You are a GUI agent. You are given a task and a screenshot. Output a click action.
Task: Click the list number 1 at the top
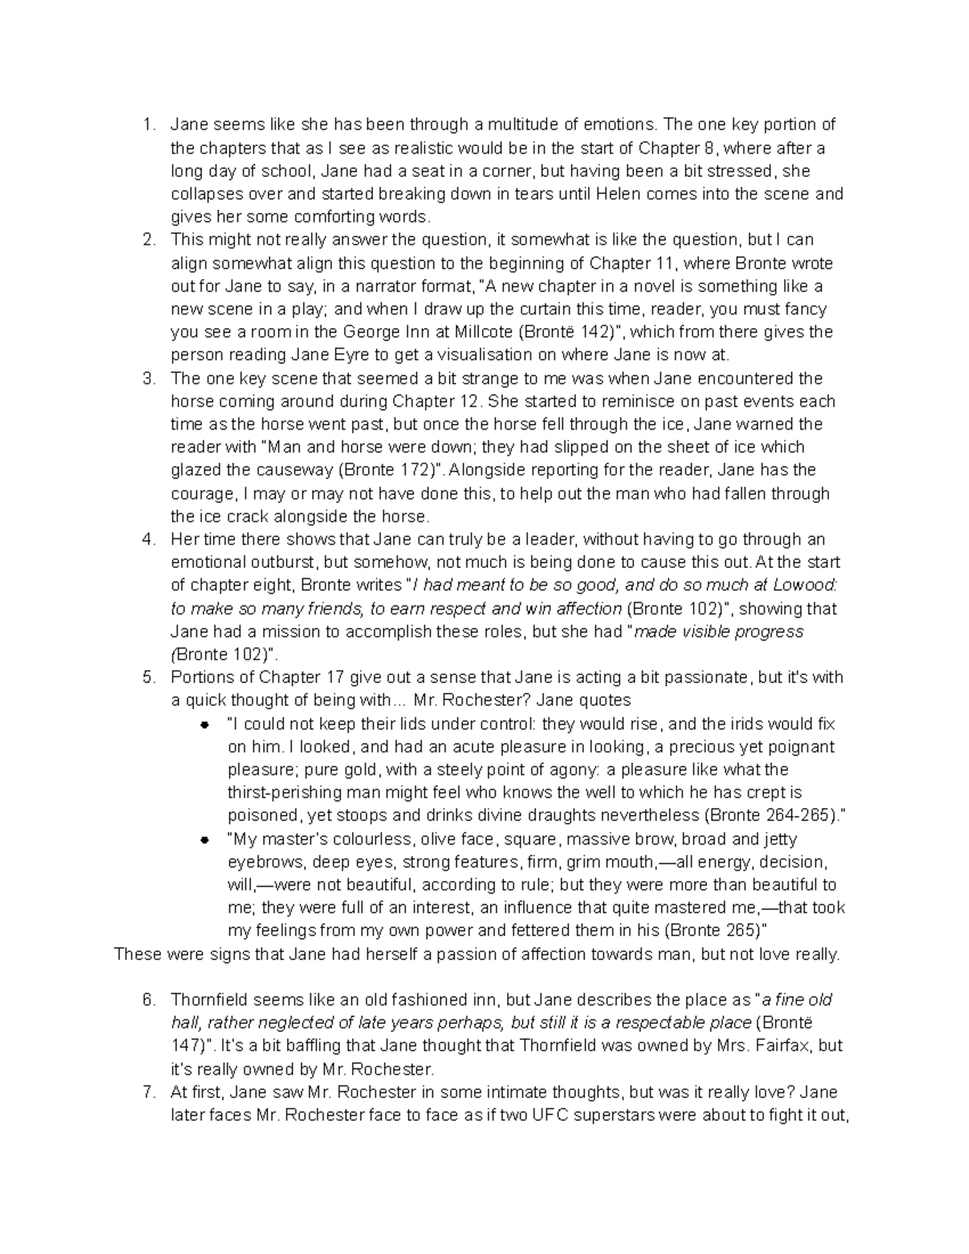[x=146, y=124]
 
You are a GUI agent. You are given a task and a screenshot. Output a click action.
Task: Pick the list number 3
[x=147, y=379]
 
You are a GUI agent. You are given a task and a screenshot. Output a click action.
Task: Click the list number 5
[x=147, y=677]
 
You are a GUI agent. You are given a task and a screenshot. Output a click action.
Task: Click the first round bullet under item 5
[x=205, y=724]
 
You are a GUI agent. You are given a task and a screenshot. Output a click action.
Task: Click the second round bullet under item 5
[x=205, y=840]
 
